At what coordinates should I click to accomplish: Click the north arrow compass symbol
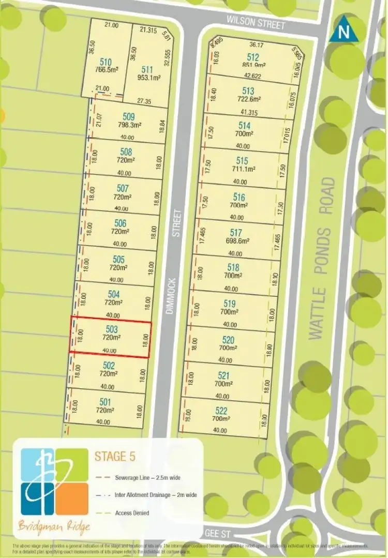(x=342, y=31)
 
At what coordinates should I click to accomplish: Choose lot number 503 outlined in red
(x=111, y=329)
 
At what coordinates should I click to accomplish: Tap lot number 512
(x=252, y=57)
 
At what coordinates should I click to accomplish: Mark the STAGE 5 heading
(x=117, y=457)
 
